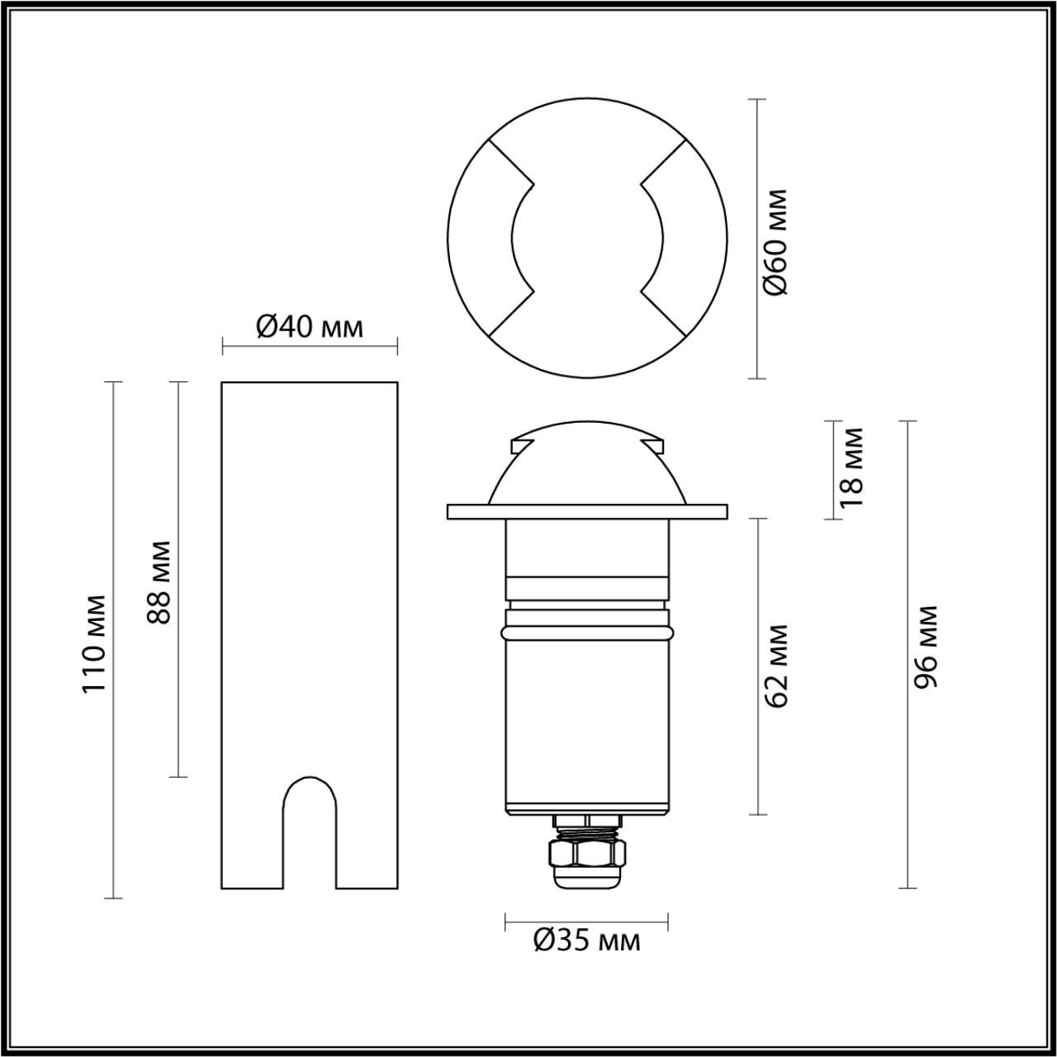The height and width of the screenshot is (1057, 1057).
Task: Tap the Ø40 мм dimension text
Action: click(310, 327)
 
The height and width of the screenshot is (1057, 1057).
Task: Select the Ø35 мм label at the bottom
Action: click(587, 940)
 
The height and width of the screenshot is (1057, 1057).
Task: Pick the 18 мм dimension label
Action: click(851, 467)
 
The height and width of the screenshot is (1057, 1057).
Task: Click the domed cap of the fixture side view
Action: click(587, 467)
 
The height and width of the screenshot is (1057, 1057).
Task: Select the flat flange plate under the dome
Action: click(587, 511)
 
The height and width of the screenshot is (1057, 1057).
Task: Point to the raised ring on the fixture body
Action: click(587, 633)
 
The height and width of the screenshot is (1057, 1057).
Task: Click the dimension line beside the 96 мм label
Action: click(908, 743)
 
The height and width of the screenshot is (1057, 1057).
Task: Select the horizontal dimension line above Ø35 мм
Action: click(587, 919)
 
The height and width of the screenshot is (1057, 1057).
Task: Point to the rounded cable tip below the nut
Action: click(587, 877)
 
